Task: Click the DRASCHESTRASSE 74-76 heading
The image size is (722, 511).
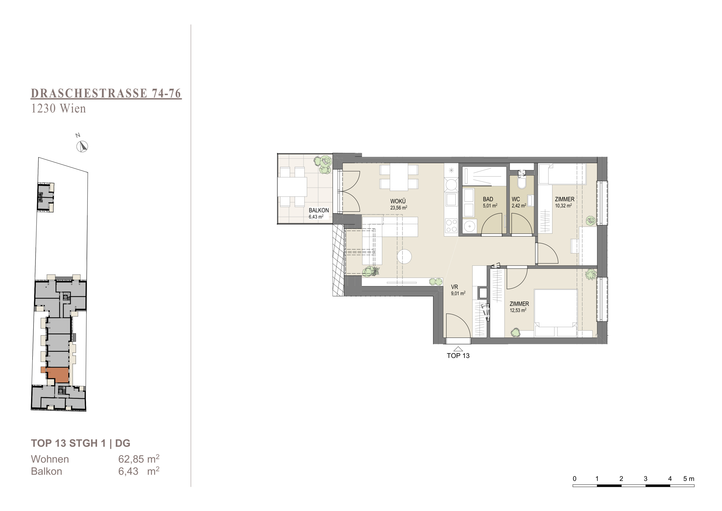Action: pos(106,94)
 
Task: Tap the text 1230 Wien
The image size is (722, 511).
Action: pos(59,109)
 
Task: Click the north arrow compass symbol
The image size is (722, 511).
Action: pos(82,147)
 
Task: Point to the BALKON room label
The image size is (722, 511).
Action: pos(319,210)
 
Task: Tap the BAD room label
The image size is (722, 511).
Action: pos(488,199)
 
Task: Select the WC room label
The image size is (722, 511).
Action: pos(516,199)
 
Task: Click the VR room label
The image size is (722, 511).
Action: pos(454,287)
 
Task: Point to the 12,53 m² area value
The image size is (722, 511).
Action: pos(518,310)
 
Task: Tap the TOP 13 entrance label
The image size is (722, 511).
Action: pos(458,356)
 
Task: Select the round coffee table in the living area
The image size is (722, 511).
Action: pos(404,256)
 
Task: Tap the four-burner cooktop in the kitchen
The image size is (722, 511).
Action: pos(452,226)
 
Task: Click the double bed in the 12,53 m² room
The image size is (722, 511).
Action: pos(556,313)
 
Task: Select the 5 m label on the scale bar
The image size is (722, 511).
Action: pos(689,479)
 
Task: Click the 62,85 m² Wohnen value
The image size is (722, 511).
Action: pos(139,459)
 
